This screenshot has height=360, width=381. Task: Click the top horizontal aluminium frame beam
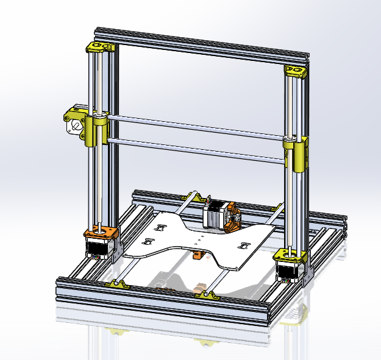(x=201, y=46)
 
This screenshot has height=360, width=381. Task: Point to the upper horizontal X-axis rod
(x=195, y=125)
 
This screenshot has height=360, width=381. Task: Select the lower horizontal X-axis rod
(x=195, y=150)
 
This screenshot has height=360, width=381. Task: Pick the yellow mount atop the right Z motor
(x=289, y=255)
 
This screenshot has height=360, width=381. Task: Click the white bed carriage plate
(x=183, y=238)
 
